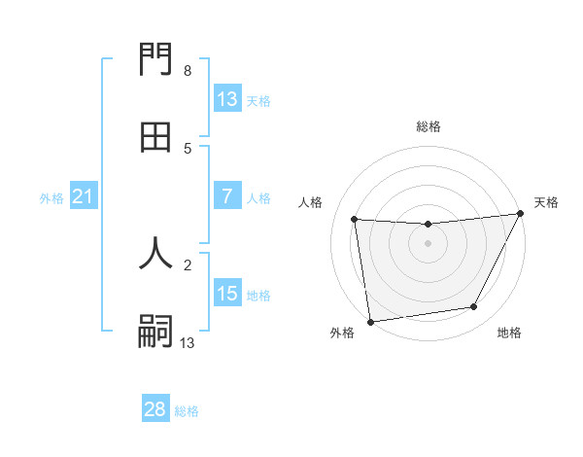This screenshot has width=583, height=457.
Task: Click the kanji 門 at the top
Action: [155, 63]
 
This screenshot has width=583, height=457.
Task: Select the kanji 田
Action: [155, 138]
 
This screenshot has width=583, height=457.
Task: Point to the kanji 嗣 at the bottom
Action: [155, 331]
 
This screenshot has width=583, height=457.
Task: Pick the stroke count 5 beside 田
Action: [187, 148]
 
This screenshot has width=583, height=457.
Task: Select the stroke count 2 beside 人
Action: [187, 264]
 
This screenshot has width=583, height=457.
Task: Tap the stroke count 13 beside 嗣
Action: [187, 342]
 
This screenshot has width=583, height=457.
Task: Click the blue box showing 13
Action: [227, 99]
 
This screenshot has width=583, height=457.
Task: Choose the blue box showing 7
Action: [227, 196]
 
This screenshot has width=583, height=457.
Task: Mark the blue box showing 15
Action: [227, 294]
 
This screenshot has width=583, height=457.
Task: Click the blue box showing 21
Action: [84, 197]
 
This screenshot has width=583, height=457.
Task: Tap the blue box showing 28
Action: [155, 409]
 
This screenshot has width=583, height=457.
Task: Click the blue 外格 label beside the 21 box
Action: [51, 198]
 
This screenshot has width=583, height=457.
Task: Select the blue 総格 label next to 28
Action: [187, 411]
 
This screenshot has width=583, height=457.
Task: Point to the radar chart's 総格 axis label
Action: [428, 126]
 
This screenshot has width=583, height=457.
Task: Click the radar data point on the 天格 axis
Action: [520, 215]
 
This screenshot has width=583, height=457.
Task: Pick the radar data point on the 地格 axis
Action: [474, 307]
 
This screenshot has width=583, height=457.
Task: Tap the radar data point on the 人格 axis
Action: [355, 220]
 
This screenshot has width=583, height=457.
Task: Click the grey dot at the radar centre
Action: [428, 243]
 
